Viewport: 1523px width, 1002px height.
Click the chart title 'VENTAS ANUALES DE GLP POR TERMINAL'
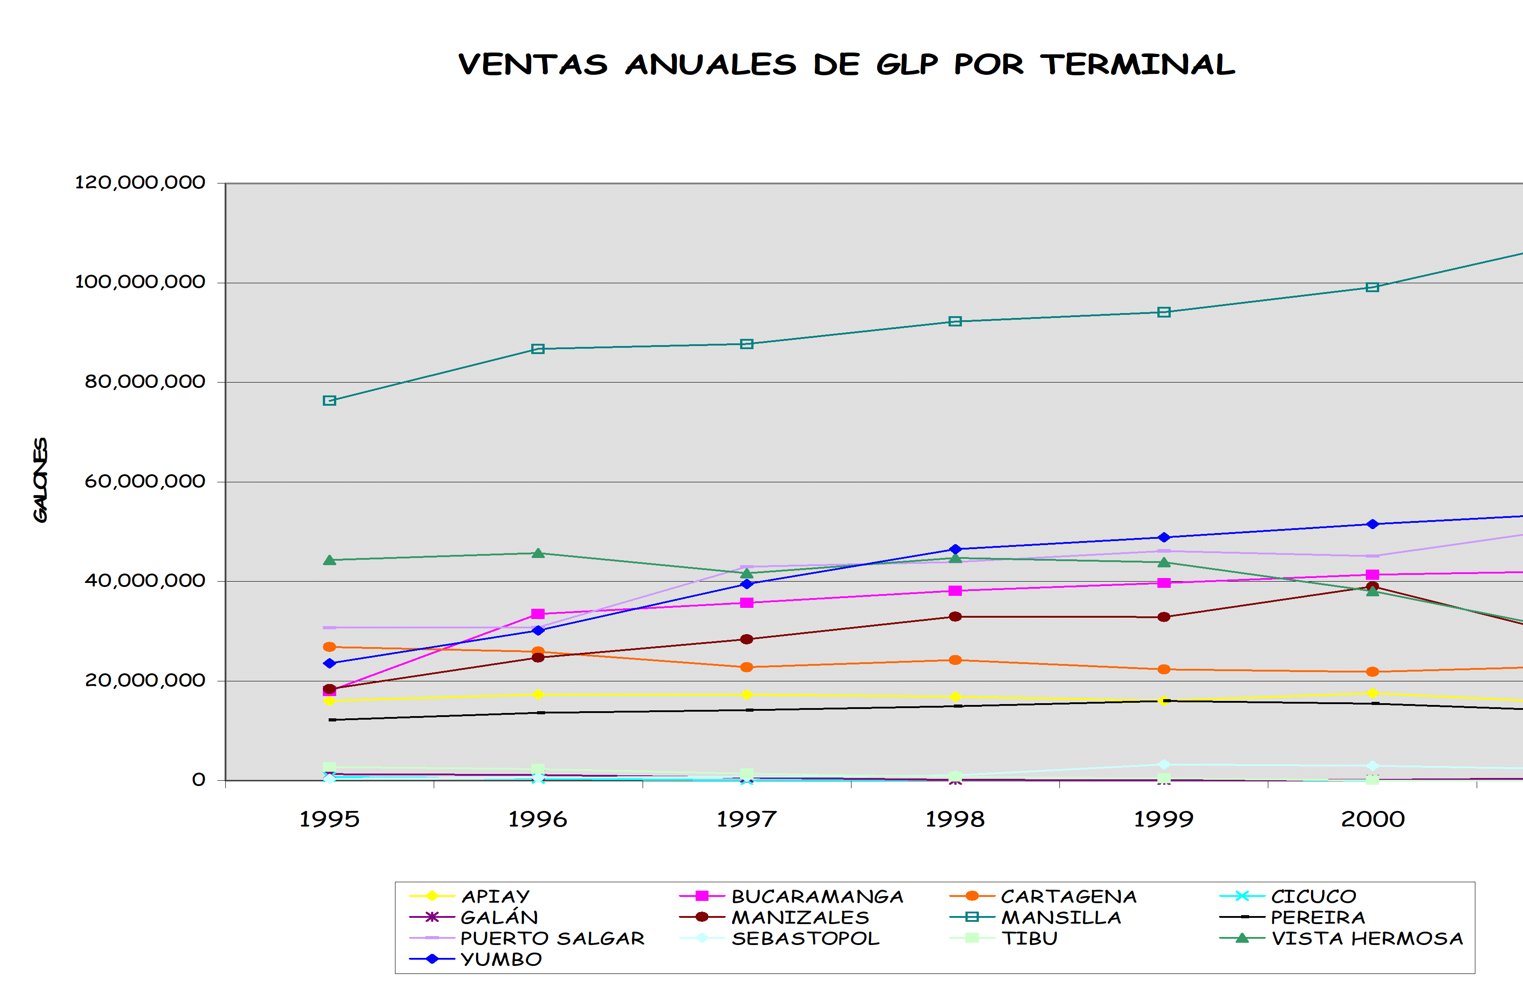point(847,65)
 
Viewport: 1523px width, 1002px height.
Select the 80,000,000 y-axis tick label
point(145,382)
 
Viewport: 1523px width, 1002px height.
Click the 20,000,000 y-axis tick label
point(145,681)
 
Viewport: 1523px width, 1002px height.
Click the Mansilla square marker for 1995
point(330,400)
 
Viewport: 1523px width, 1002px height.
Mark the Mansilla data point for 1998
point(955,321)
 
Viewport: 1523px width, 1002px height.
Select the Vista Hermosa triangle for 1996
point(538,553)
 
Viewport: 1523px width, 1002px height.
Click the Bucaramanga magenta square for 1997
point(746,603)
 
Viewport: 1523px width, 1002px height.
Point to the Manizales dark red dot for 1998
point(955,617)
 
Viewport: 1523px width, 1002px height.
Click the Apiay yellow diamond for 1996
point(538,694)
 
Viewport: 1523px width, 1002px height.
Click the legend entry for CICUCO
point(1287,897)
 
